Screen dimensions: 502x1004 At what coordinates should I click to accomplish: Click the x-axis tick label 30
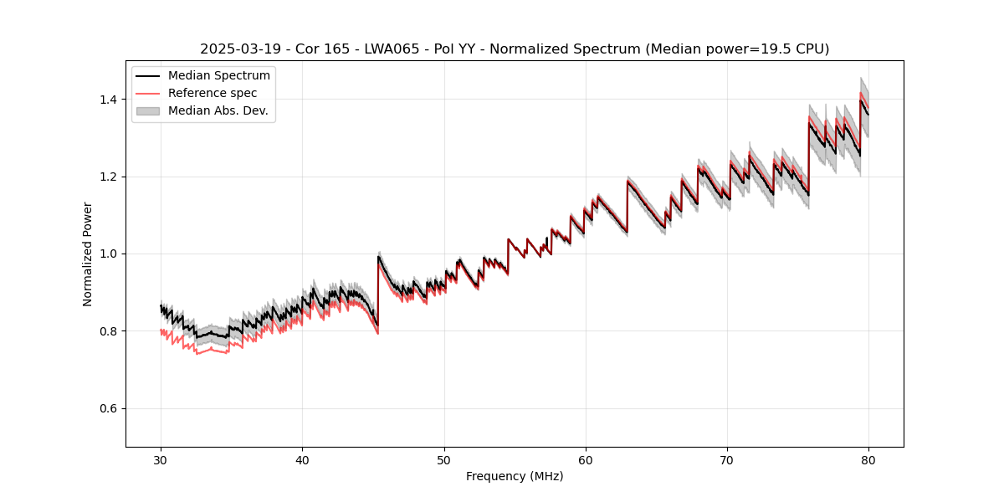pyautogui.click(x=161, y=459)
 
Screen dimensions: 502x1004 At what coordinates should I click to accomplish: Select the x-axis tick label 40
pyautogui.click(x=303, y=459)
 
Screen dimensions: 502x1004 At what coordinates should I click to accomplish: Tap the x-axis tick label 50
pyautogui.click(x=444, y=459)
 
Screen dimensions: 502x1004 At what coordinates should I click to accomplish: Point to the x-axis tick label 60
pyautogui.click(x=586, y=459)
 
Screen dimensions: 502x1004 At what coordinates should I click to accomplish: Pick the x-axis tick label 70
pyautogui.click(x=727, y=459)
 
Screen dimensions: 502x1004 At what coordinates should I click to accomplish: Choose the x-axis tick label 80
pyautogui.click(x=868, y=459)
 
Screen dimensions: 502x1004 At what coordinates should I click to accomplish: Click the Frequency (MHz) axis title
pyautogui.click(x=515, y=476)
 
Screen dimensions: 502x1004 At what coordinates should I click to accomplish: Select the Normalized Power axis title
pyautogui.click(x=88, y=254)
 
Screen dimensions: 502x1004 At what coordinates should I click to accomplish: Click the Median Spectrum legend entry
pyautogui.click(x=219, y=76)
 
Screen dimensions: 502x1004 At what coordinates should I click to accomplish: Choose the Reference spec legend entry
pyautogui.click(x=213, y=93)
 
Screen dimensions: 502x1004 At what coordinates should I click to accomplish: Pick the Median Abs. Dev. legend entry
pyautogui.click(x=218, y=110)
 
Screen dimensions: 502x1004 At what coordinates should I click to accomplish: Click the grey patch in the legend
pyautogui.click(x=150, y=110)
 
